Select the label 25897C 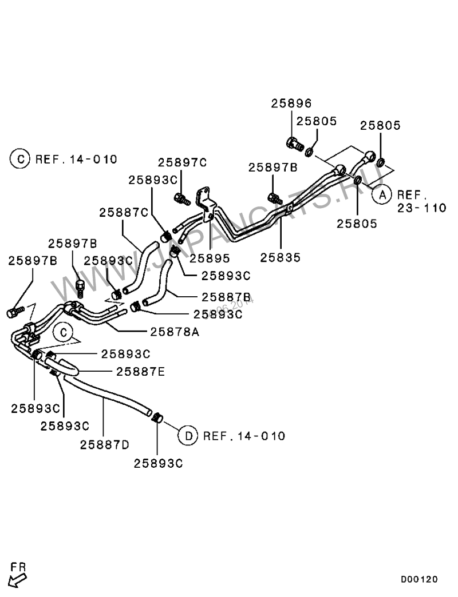click(x=182, y=162)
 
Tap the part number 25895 click(x=210, y=258)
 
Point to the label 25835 click(x=280, y=258)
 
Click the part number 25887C click(x=124, y=212)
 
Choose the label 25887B click(x=226, y=297)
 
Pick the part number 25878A click(x=175, y=331)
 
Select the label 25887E click(x=140, y=372)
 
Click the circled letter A click(x=381, y=194)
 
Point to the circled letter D click(x=187, y=436)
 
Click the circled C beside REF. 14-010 click(x=19, y=159)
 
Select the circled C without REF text click(x=64, y=332)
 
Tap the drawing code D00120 click(x=419, y=579)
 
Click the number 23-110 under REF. click(x=421, y=208)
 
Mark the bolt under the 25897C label click(x=181, y=199)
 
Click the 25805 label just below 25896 click(x=317, y=121)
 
